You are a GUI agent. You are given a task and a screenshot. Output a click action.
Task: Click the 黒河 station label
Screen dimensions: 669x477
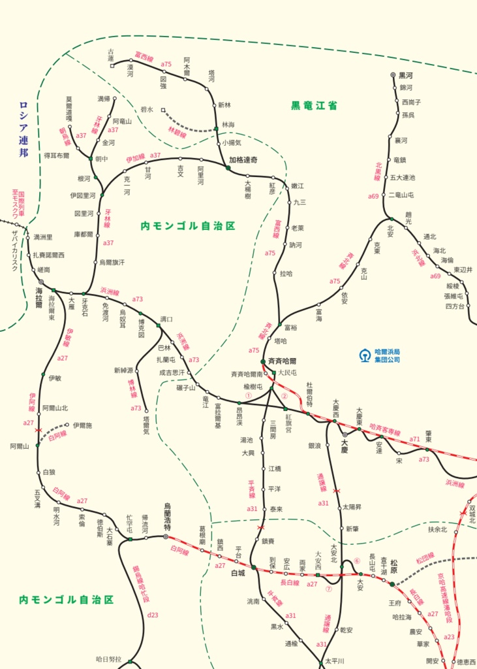point(407,75)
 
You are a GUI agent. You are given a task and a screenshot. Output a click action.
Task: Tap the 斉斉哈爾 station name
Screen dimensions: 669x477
point(283,360)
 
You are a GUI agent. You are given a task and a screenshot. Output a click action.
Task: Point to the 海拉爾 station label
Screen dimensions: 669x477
point(38,297)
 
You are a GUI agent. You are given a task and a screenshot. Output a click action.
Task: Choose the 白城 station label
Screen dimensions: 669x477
point(238,573)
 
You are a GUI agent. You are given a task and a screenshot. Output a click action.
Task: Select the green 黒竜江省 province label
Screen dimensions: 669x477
point(314,105)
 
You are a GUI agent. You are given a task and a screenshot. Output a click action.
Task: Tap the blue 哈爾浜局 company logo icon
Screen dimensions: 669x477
point(364,355)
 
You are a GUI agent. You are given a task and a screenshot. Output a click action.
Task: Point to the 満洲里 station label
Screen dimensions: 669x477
point(43,237)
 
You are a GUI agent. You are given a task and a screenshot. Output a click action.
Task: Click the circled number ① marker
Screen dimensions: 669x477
point(248,395)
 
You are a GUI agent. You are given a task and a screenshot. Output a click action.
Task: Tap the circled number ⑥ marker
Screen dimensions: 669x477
point(357,561)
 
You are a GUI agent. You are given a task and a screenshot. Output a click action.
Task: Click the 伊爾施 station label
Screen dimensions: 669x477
point(82,425)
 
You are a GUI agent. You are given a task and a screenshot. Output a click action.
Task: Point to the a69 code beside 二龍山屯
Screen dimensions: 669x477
point(373,196)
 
